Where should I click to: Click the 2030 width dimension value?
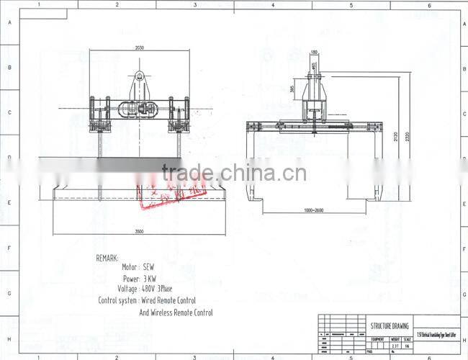pos(139,48)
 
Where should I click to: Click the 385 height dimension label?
pos(292,89)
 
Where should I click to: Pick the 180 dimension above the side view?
pos(314,52)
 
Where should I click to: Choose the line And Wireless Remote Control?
pos(176,312)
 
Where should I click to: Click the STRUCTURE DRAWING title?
pos(389,325)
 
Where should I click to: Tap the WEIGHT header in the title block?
pos(395,338)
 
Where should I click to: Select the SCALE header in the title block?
pos(408,338)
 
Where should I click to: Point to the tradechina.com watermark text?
pos(234,174)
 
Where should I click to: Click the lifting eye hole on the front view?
pos(140,74)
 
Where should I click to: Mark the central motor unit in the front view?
pos(139,110)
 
